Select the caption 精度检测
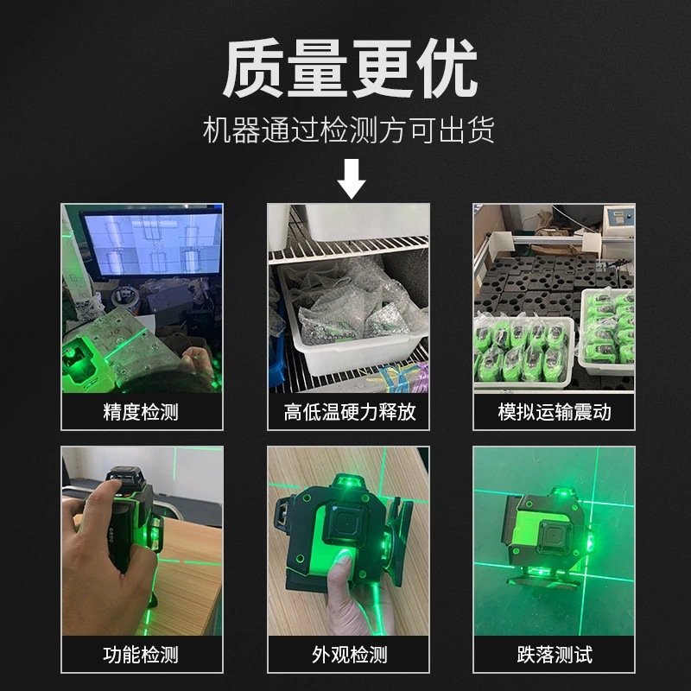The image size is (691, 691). (x=141, y=412)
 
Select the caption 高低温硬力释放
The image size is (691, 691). (x=349, y=412)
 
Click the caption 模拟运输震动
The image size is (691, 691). (x=554, y=412)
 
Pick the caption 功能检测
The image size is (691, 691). (x=141, y=655)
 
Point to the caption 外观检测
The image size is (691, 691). (x=349, y=655)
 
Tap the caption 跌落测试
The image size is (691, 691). (x=554, y=655)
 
